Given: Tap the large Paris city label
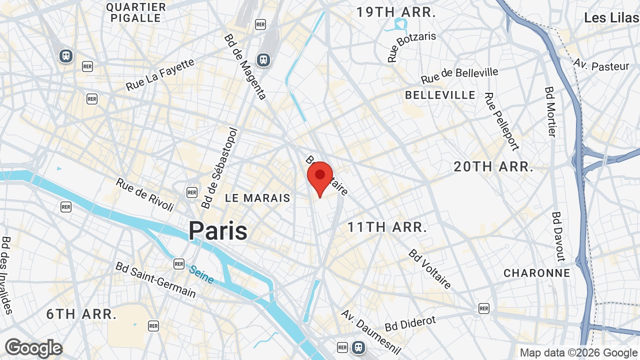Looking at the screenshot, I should (218, 231).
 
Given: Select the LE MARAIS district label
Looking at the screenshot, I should (257, 198).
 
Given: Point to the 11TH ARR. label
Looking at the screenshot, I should (387, 227).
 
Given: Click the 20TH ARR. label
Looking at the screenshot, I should (493, 167).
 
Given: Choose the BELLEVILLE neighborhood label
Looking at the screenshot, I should (440, 95).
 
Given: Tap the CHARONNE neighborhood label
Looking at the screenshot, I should (537, 273).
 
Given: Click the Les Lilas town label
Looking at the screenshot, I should (611, 18).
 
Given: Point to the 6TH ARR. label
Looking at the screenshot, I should (81, 314).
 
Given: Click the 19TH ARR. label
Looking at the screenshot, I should (396, 12).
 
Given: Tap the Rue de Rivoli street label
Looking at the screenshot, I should (145, 194).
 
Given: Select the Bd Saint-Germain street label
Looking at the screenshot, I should (156, 280).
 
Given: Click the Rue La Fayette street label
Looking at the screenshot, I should (160, 75).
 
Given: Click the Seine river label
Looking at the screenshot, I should (201, 274).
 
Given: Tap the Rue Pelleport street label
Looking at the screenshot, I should (501, 121).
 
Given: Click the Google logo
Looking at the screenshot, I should (33, 348).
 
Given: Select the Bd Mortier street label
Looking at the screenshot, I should (550, 111).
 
